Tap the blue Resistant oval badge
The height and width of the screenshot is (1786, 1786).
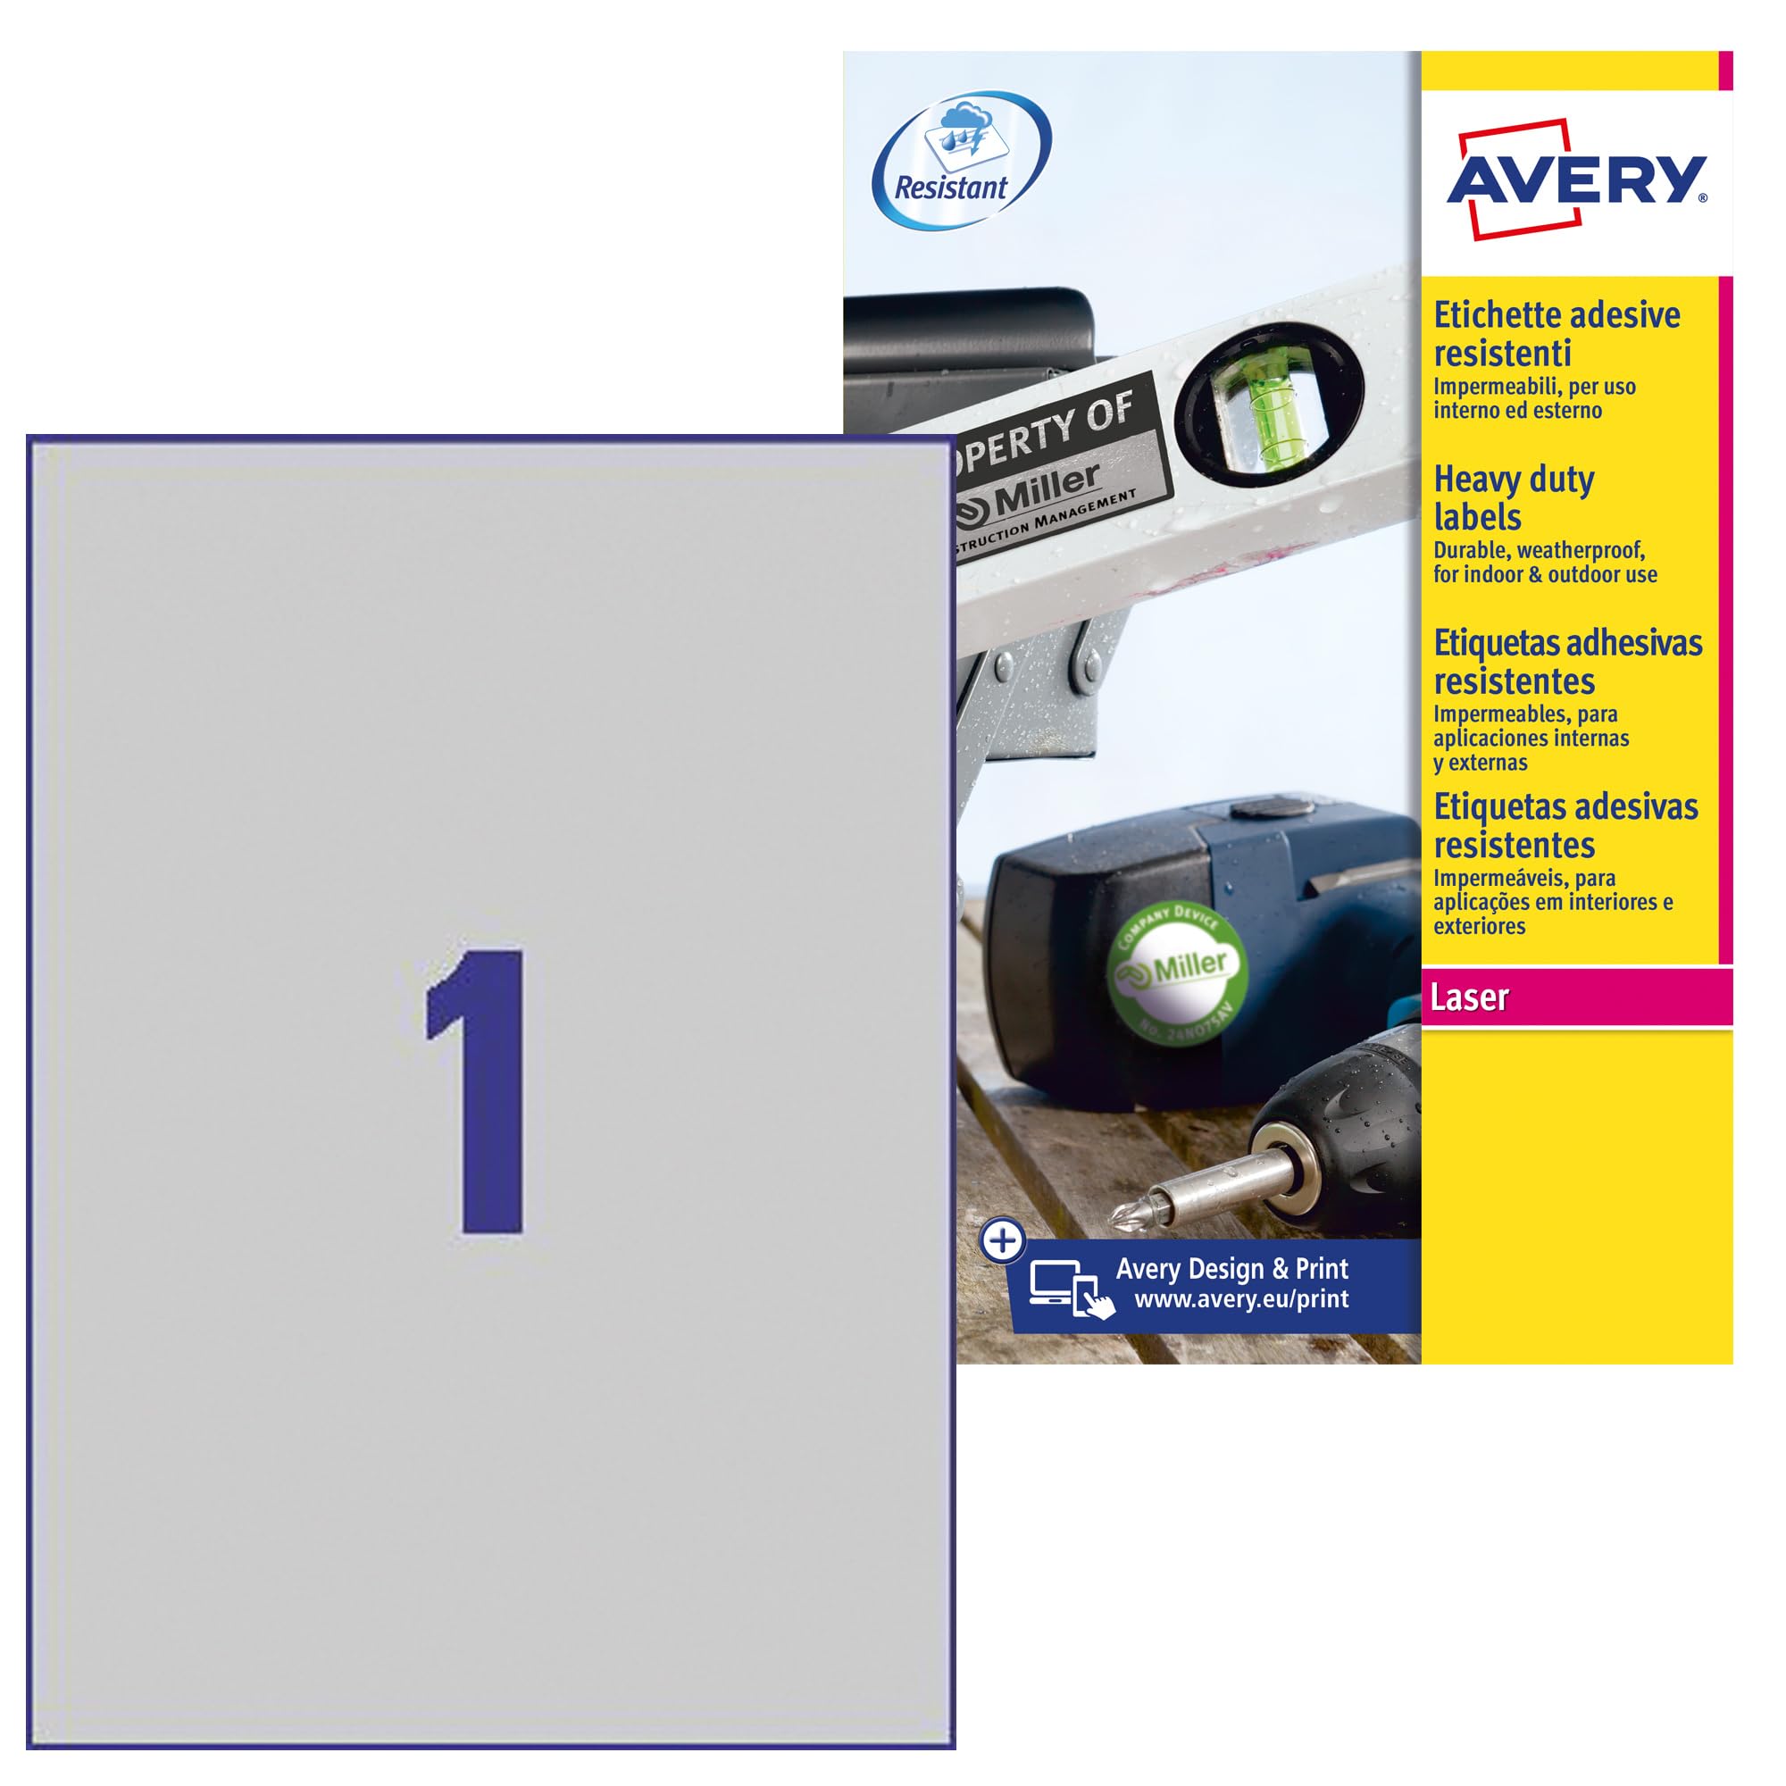(962, 161)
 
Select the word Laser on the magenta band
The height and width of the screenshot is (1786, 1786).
(1469, 998)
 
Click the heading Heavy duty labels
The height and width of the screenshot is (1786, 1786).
(1514, 498)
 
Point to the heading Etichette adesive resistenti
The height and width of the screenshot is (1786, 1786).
(1556, 334)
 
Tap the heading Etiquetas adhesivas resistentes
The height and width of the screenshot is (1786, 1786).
(1567, 662)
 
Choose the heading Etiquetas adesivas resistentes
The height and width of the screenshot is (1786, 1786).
(1565, 825)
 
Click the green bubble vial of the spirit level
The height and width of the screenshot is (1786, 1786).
(1268, 400)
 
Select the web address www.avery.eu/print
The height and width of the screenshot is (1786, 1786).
(1240, 1299)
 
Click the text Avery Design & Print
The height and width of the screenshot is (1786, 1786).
(1231, 1268)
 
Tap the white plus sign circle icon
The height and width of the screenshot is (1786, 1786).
(1002, 1241)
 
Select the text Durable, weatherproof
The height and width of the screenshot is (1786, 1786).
(1539, 550)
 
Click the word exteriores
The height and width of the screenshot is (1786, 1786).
(1479, 926)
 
